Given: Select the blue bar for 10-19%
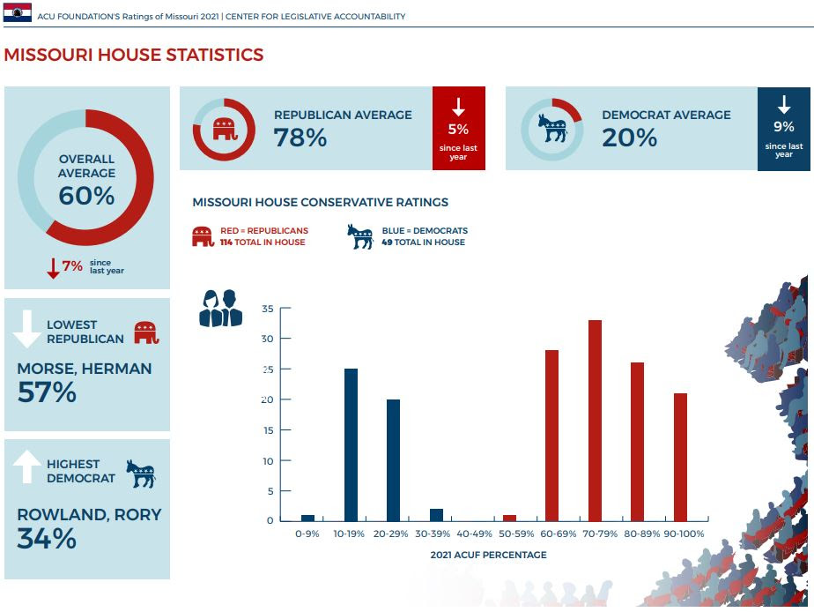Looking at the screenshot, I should tap(351, 444).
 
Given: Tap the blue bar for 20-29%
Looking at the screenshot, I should tap(393, 459).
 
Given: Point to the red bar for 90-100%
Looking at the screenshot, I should tap(680, 457).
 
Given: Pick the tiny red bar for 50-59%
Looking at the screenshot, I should tap(510, 518).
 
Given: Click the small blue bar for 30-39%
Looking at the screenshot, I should tap(436, 515).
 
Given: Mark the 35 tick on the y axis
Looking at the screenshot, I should tap(269, 309).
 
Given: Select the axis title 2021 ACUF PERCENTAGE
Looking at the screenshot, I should tap(488, 555).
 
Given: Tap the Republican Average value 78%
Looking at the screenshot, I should tap(300, 138).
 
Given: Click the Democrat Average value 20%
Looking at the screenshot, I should tap(630, 138).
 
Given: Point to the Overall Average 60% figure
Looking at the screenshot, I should tap(86, 196).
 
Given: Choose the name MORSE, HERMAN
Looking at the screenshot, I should tap(85, 368).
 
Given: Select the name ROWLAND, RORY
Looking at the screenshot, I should tap(89, 514).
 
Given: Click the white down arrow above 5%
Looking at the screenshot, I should tap(458, 108).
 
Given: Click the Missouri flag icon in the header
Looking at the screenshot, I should tap(18, 12).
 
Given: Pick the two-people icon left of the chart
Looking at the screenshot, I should tap(220, 308).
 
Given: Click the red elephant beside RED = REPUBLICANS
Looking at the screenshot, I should tap(203, 236).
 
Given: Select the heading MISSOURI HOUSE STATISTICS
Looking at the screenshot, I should tap(134, 55).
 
